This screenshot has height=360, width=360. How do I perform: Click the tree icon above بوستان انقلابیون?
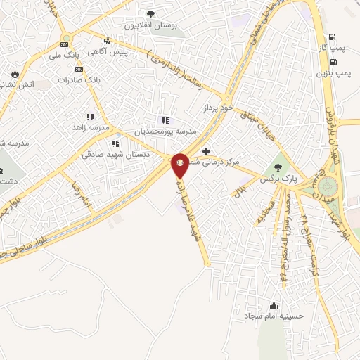(x=150, y=13)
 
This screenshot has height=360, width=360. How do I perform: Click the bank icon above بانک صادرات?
(x=79, y=69)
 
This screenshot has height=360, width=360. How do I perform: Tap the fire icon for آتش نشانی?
(x=15, y=73)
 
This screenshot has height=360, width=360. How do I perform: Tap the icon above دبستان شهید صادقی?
(x=113, y=143)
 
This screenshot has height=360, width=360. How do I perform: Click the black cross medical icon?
(x=206, y=151)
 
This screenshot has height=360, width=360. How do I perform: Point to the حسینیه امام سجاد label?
(x=274, y=316)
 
